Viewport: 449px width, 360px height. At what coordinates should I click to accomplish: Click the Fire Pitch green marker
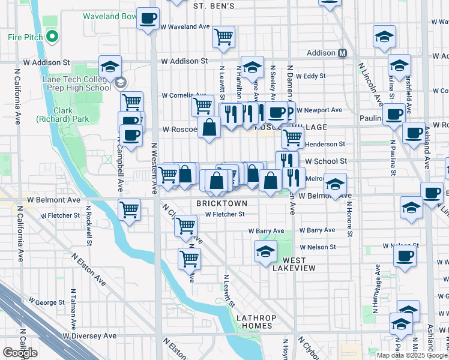click(x=52, y=37)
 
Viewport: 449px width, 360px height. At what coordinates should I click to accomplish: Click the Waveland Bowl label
click(x=110, y=16)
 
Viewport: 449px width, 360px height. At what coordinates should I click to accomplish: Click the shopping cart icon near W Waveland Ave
click(x=223, y=37)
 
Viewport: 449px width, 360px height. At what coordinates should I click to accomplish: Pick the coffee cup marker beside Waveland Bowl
click(x=148, y=18)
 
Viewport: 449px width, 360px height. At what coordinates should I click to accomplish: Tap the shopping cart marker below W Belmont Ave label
click(x=130, y=210)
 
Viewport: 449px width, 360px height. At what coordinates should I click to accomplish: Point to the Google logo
click(x=20, y=353)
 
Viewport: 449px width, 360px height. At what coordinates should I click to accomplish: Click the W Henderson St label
click(x=325, y=144)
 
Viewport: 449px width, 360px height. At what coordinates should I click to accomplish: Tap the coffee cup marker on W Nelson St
click(x=405, y=257)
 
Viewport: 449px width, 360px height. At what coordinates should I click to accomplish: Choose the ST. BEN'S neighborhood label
click(x=214, y=5)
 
